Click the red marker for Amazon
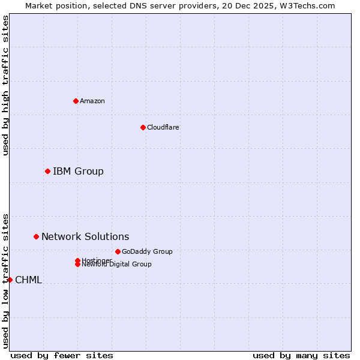76,101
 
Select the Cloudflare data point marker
143,127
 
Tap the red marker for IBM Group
47,172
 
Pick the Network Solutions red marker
36,237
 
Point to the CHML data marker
10,280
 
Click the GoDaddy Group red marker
118,251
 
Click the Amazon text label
92,101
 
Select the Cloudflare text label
163,127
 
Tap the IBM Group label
78,172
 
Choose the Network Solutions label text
85,237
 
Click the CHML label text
28,280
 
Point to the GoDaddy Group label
147,251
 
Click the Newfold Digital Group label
117,265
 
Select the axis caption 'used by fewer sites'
62,355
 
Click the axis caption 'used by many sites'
301,355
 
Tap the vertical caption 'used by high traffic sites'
5,85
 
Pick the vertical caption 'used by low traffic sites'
5,281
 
